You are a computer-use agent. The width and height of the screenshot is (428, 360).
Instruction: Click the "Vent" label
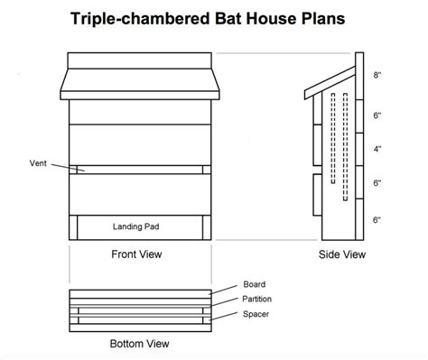(37, 163)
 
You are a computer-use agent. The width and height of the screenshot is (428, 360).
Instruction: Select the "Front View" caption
(138, 254)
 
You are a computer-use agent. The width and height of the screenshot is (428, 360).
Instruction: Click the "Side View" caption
(342, 254)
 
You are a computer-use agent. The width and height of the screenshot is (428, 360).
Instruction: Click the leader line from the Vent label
(64, 166)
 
